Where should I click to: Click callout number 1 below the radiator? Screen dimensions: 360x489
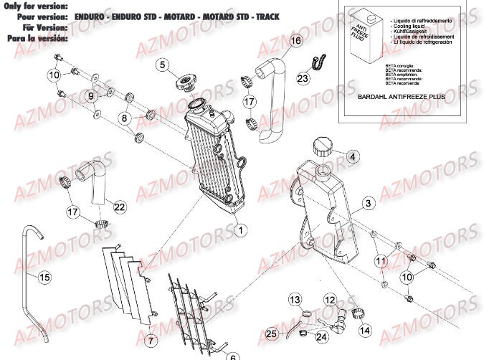click(240, 230)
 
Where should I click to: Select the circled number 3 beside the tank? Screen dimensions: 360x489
click(366, 204)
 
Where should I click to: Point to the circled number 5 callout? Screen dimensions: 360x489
click(162, 65)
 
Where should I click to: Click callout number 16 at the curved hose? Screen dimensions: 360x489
click(295, 42)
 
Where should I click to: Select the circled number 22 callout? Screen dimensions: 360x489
click(118, 207)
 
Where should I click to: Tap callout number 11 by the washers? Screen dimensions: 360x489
click(381, 262)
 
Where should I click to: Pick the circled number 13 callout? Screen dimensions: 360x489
click(295, 298)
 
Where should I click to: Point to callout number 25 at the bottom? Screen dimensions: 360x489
click(270, 334)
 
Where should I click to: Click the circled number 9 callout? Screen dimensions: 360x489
click(91, 95)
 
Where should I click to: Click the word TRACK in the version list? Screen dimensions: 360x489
click(266, 16)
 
